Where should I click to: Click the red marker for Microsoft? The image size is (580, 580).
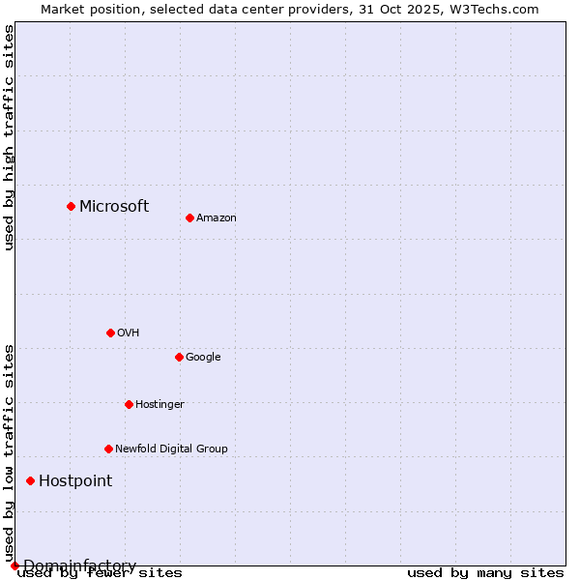(71, 206)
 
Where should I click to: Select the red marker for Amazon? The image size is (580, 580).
(189, 217)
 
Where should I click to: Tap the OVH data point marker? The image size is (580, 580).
(110, 333)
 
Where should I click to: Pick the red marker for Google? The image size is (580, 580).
(179, 357)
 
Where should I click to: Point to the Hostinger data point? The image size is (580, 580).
(129, 404)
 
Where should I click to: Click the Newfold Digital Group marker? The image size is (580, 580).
(108, 449)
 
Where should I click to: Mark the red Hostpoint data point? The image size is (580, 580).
(30, 480)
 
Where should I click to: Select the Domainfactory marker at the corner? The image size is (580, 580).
(14, 565)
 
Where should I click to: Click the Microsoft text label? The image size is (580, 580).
(114, 206)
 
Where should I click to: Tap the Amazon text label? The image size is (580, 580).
(217, 217)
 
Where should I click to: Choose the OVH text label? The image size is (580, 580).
(129, 333)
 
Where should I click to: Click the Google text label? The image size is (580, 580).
(203, 357)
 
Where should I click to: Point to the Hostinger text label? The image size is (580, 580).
(159, 404)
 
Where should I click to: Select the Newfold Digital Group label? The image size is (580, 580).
(171, 449)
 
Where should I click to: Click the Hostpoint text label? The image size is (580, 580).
(75, 480)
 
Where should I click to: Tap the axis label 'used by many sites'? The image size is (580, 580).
(485, 573)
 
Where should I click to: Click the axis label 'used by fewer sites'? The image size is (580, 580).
(100, 573)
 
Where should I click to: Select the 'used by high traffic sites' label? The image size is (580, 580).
(9, 137)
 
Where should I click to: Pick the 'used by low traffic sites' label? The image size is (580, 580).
(9, 452)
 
